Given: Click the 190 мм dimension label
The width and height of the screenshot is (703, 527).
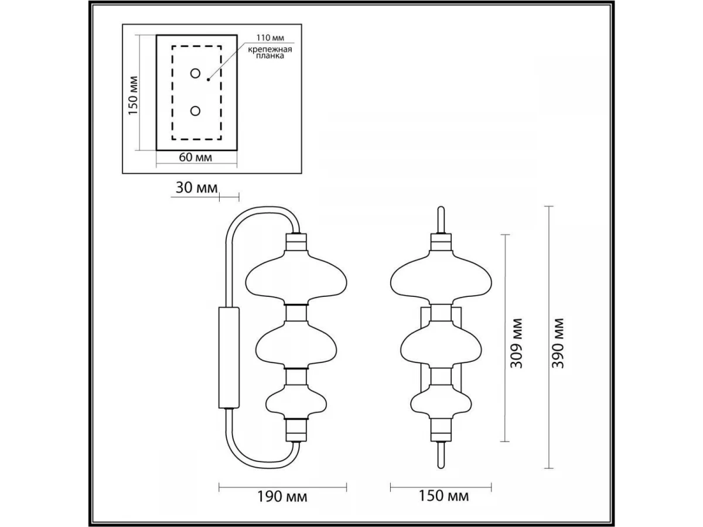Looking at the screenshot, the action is point(282,497).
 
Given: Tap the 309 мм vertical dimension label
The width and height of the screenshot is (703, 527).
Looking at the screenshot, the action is point(516,343).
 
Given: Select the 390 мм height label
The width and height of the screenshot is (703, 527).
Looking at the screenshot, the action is point(558,343).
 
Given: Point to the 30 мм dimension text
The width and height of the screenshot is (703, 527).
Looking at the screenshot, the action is point(196,188).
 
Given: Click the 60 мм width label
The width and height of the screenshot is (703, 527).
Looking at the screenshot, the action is point(195,158).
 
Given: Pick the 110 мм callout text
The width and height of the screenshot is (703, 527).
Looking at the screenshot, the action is point(270,37).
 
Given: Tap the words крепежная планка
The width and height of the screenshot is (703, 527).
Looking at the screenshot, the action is point(270,53).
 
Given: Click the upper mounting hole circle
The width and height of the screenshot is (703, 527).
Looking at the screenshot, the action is point(195,74).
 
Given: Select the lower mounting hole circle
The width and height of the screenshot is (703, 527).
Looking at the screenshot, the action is point(195,111).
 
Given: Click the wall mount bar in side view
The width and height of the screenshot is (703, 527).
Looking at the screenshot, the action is point(228,358).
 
